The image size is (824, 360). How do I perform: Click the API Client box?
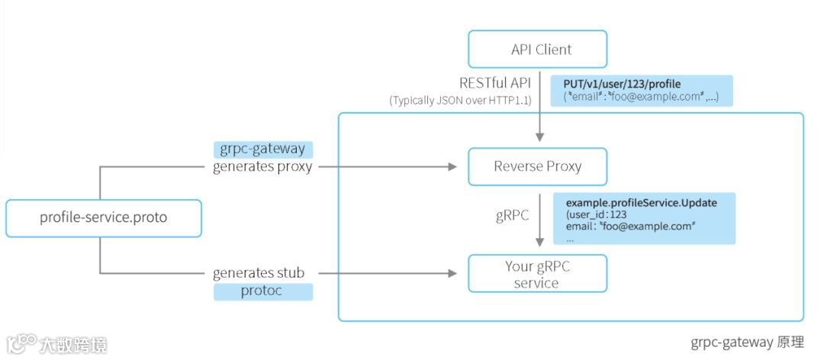538,49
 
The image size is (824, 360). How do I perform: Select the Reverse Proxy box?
538,166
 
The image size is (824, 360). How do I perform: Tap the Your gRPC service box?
538,274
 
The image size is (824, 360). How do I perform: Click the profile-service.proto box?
104,218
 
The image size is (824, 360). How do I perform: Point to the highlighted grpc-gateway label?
262,149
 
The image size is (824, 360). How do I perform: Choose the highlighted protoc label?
262,291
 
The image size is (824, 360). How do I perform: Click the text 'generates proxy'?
262,167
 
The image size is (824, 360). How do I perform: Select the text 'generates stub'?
259,273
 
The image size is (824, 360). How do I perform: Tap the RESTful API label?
496,83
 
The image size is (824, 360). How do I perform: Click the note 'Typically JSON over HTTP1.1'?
461,101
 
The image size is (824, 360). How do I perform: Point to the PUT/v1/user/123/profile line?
623,84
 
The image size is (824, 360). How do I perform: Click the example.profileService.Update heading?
642,202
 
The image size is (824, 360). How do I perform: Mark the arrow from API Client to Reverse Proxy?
539,105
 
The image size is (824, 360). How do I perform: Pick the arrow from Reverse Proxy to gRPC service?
539,220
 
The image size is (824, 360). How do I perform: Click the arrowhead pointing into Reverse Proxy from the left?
452,167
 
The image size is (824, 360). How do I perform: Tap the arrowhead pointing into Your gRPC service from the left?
452,273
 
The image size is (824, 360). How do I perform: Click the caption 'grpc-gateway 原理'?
747,342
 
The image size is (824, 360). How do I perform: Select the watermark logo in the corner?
56,344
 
